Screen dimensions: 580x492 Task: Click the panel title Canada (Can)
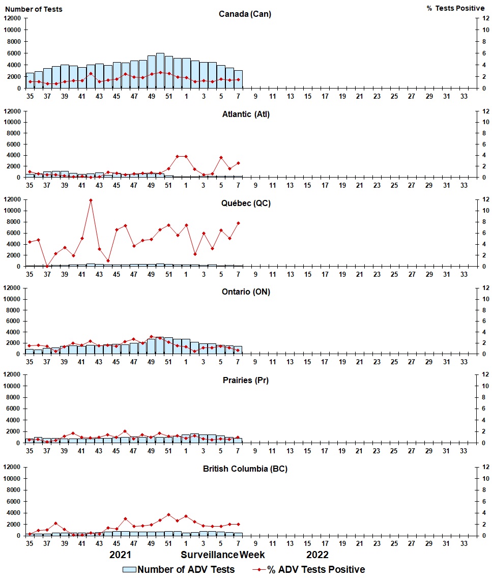245,14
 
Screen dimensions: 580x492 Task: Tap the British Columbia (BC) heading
245,469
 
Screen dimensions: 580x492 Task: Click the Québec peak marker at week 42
91,200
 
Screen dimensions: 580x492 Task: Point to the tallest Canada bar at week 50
160,71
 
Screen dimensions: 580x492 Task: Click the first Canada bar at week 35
30,80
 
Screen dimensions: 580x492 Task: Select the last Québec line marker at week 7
238,223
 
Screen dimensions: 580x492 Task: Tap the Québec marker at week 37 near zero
47,266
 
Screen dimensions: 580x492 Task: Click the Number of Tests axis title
34,9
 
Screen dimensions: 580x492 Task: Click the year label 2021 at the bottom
121,555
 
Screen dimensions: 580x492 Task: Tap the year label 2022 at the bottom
317,555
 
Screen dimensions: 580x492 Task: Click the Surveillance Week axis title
223,555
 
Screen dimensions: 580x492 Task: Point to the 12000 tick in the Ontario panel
12,288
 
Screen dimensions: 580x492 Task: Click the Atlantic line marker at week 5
221,157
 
